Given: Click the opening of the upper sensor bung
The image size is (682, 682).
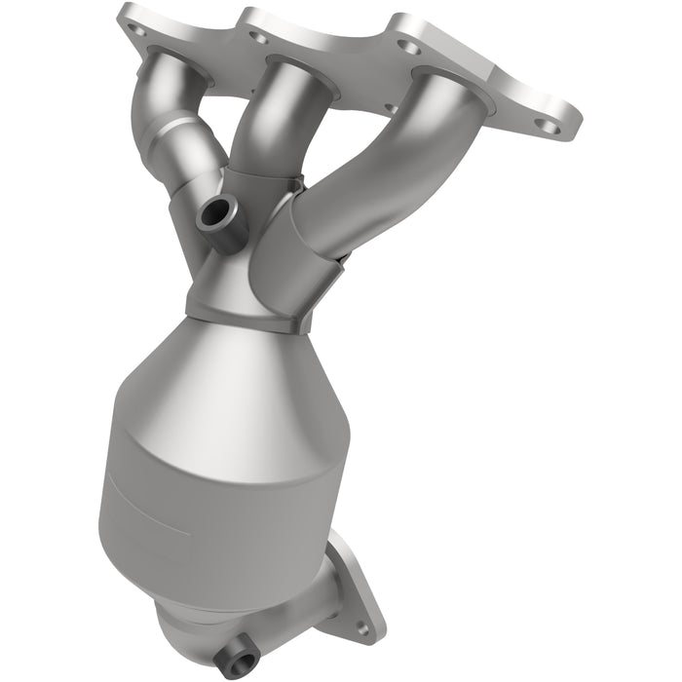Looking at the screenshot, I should click(x=215, y=211).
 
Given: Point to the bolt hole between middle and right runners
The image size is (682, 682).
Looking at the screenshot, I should click(x=409, y=47).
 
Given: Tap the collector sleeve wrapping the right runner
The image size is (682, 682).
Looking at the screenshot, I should click(x=292, y=253).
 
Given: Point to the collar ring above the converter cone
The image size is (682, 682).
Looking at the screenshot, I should click(x=244, y=317).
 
